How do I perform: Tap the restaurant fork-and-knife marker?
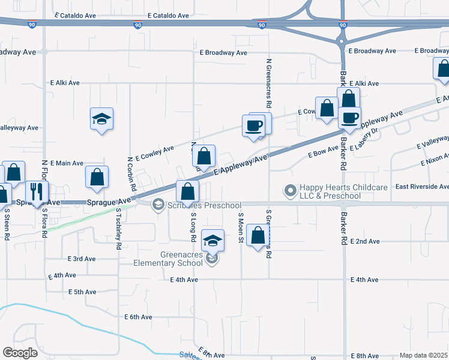[x=37, y=192]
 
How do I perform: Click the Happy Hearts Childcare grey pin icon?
[x=291, y=191]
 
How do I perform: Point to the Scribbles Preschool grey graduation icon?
[x=158, y=205]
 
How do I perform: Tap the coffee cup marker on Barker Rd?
[x=349, y=118]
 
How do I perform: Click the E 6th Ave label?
[x=139, y=316]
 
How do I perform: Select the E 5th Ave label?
[x=82, y=292]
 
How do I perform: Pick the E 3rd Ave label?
[x=80, y=259]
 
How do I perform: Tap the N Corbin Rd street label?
[x=130, y=172]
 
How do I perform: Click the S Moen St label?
[x=241, y=228]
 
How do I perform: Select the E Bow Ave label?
[x=324, y=154]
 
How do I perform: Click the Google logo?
[x=20, y=353]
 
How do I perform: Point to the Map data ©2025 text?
[x=423, y=355]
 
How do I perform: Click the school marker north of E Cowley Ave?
[x=101, y=119]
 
